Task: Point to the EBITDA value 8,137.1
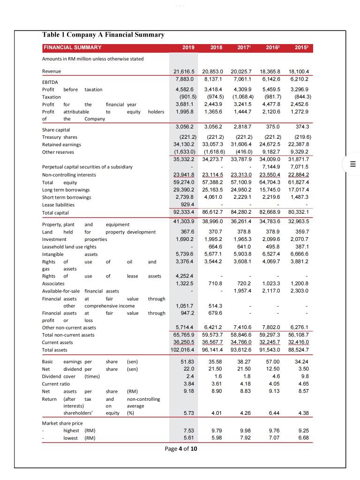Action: pos(213,79)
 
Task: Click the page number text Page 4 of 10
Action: pos(181,449)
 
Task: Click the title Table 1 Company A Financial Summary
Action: pos(103,35)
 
